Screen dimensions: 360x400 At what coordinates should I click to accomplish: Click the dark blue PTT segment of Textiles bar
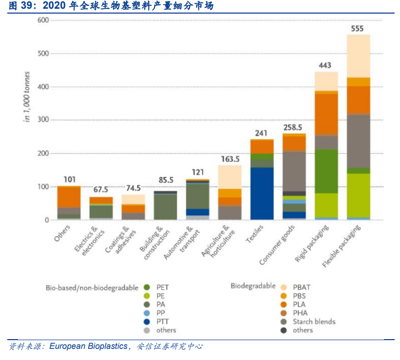262,193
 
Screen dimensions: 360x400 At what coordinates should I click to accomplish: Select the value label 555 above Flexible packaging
357,29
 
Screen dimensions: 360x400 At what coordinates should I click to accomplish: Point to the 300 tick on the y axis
43,120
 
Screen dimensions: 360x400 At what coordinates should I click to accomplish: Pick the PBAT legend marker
284,287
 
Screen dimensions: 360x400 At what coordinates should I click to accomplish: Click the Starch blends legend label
314,321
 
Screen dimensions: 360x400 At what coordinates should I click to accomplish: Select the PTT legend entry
163,321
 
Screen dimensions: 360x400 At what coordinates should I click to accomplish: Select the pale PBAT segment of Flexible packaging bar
358,56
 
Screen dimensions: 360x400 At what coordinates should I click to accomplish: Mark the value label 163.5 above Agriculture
229,159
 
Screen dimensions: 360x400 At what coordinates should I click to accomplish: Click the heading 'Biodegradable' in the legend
253,286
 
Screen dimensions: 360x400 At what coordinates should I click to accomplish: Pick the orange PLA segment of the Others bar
69,197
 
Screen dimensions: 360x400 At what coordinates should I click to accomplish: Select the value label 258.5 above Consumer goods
294,127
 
